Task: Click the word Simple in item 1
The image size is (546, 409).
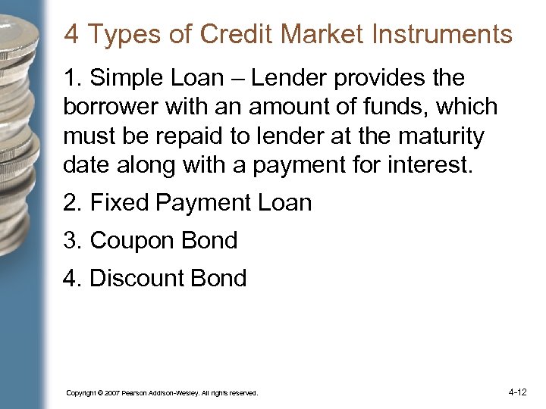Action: (127, 78)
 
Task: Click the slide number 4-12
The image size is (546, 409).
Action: (518, 392)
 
